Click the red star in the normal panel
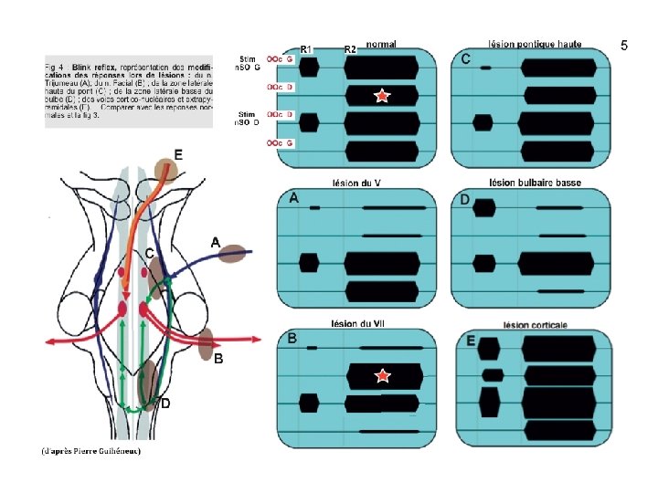(381, 96)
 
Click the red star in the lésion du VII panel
(383, 376)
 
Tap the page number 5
(624, 46)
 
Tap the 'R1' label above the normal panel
(307, 48)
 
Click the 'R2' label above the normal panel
(349, 48)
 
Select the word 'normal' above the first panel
(382, 44)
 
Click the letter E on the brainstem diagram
(177, 155)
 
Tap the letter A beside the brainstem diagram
(216, 242)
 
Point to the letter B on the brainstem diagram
(218, 359)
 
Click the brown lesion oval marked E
(165, 170)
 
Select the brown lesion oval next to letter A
(233, 256)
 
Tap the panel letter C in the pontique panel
(465, 59)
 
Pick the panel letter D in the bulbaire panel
(464, 199)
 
